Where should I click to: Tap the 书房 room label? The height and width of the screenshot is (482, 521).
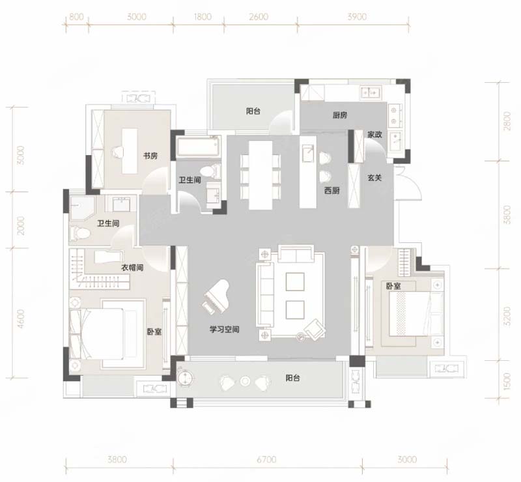[x=150, y=156]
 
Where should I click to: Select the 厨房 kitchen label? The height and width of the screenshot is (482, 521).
[x=340, y=115]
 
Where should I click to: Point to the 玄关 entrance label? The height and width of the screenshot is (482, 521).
[x=374, y=178]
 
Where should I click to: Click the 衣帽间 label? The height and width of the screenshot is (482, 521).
[x=132, y=268]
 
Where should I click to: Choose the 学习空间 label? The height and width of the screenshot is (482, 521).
[x=224, y=330]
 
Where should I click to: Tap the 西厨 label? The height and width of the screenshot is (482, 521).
[x=332, y=190]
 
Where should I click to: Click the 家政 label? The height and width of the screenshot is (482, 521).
[x=374, y=135]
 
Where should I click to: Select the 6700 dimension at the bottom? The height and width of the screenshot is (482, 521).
[x=266, y=459]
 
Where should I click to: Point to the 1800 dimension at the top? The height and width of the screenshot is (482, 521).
[x=203, y=17]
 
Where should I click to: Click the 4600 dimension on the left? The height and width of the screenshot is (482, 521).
[x=21, y=319]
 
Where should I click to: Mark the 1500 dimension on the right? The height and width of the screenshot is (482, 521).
[x=507, y=381]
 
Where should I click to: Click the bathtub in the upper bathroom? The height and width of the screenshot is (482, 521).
[x=198, y=147]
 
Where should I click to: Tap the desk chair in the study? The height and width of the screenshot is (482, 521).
[x=118, y=152]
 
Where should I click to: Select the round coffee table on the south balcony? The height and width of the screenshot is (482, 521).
[x=246, y=381]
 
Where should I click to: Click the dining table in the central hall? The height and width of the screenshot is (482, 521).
[x=260, y=175]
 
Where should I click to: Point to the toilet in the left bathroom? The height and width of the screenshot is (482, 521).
[x=79, y=233]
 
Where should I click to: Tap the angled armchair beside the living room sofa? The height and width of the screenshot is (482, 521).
[x=315, y=329]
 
